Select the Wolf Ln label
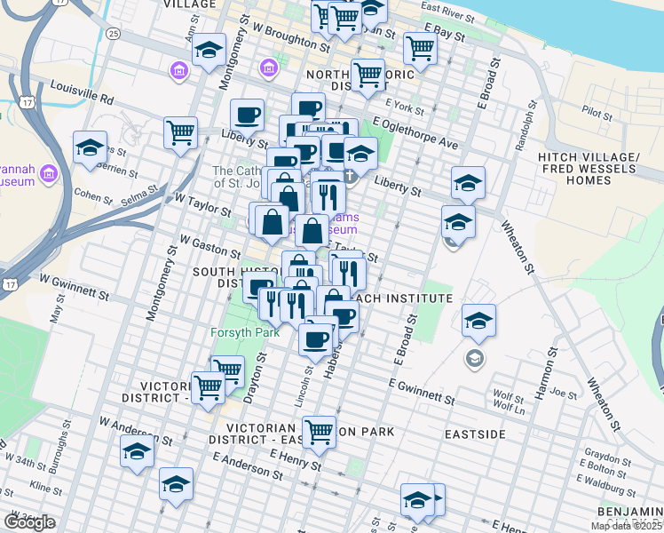point(509,406)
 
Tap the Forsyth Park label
point(245,332)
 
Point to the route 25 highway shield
point(112,33)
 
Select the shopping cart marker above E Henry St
point(319,431)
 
